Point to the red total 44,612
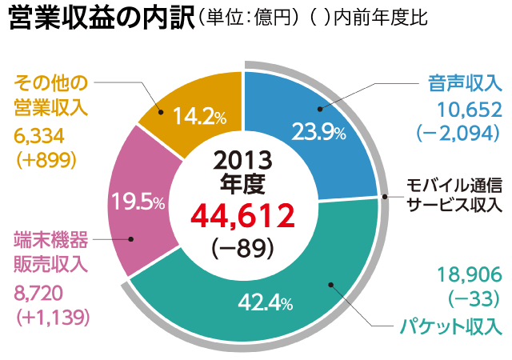(x=242, y=215)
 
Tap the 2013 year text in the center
(x=242, y=158)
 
